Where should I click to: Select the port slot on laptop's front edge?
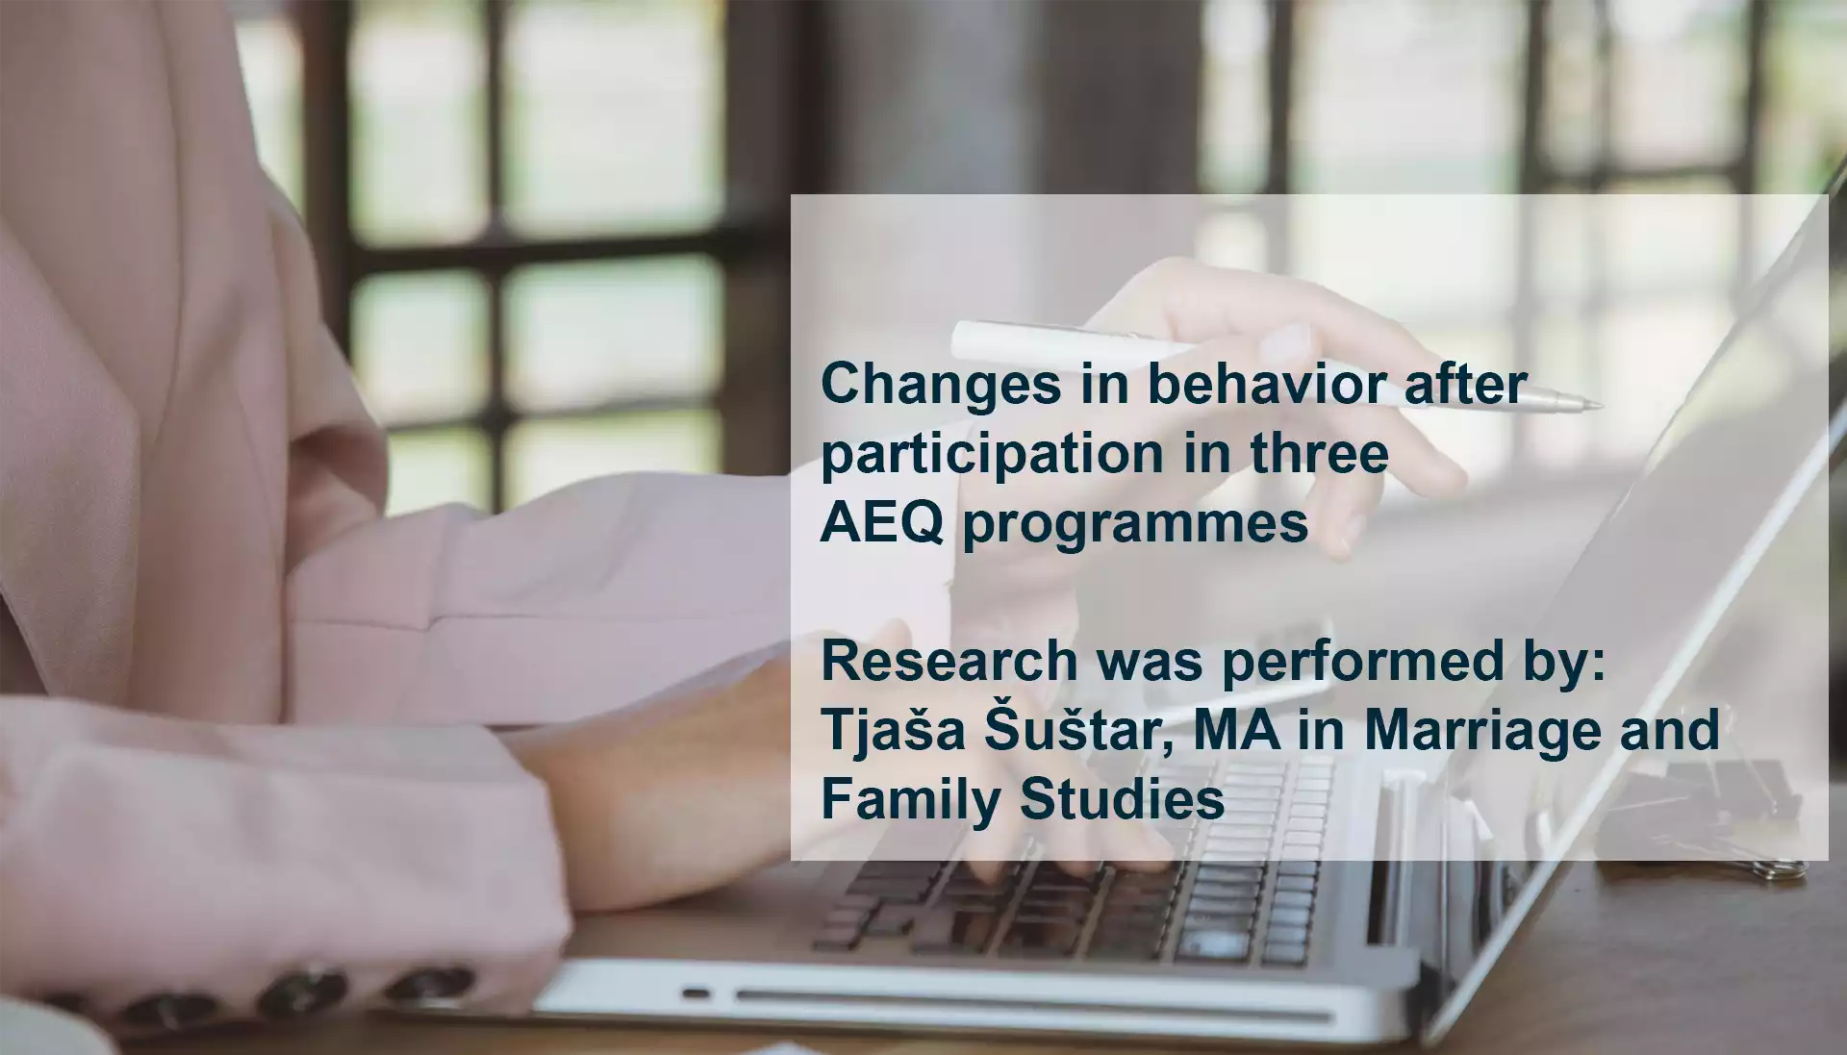pos(696,992)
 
